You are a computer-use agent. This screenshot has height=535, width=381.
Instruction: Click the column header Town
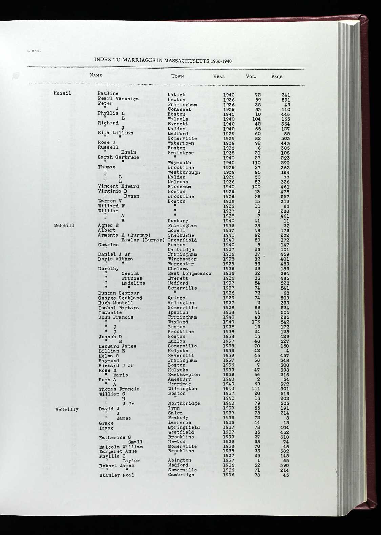(177, 76)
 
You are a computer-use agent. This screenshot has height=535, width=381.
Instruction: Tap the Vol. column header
(251, 77)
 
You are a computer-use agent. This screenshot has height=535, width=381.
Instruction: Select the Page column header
(277, 77)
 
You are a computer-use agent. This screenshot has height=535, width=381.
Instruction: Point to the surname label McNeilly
(67, 409)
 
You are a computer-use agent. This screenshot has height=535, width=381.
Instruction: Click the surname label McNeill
(64, 226)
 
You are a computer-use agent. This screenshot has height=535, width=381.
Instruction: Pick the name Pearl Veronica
(118, 99)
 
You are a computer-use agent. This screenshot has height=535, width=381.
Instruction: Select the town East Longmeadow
(190, 274)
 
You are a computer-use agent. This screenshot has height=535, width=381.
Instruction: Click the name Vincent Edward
(118, 186)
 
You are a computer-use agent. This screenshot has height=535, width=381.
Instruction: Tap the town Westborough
(184, 172)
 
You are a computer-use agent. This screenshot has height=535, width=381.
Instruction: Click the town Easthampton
(184, 375)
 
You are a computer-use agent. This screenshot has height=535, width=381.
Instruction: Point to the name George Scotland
(120, 298)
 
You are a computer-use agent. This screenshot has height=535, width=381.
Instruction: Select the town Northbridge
(184, 403)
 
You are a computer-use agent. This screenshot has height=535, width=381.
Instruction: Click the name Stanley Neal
(117, 475)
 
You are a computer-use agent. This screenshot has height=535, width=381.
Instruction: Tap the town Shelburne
(181, 235)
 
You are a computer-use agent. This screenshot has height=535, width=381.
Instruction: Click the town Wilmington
(182, 389)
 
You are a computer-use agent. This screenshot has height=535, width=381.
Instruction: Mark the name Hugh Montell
(115, 303)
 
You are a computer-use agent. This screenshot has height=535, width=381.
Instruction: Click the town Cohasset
(179, 109)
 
